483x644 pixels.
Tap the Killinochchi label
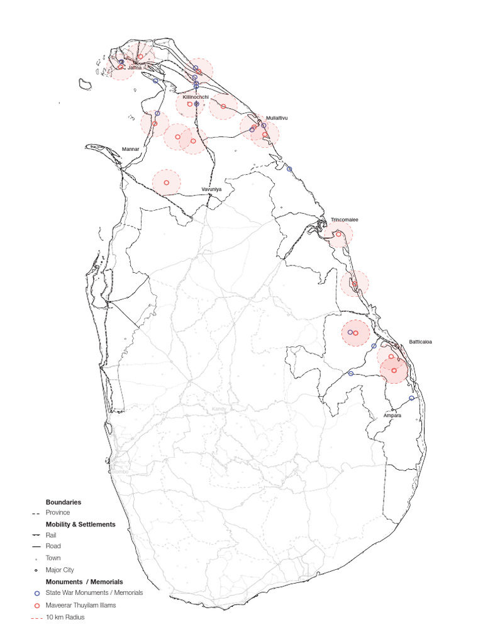tap(196, 97)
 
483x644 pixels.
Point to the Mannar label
tap(130, 149)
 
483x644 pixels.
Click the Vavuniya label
tap(212, 189)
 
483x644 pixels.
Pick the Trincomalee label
tap(344, 220)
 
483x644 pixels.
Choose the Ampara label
tap(392, 416)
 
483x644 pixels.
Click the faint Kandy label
tap(218, 409)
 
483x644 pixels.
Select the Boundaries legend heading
tap(63, 502)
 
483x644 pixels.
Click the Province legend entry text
tap(58, 513)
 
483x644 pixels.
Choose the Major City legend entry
tap(60, 570)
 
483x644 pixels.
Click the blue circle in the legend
tap(36, 593)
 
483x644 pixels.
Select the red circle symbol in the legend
tap(36, 605)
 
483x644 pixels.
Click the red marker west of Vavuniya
tap(167, 182)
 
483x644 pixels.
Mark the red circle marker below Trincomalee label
tap(339, 235)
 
